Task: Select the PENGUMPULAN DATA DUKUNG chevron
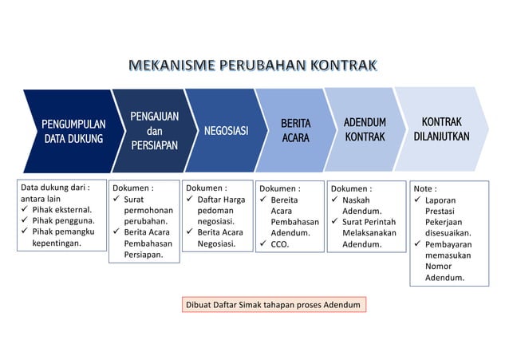(x=73, y=131)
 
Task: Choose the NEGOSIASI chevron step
(x=225, y=131)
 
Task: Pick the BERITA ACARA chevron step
(x=294, y=131)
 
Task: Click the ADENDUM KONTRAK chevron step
(x=364, y=130)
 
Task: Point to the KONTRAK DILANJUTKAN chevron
(x=440, y=129)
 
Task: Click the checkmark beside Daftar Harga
(x=191, y=199)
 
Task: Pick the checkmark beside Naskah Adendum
(x=335, y=200)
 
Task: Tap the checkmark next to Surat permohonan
(x=116, y=199)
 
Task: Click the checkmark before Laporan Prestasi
(x=418, y=200)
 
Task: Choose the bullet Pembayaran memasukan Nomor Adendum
(x=448, y=261)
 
